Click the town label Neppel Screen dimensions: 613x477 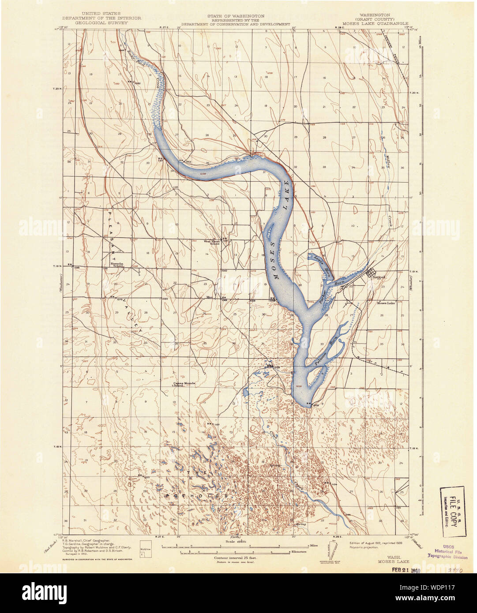coord(379,277)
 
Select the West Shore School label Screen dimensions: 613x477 coord(211,242)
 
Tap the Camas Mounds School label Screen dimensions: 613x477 coord(184,385)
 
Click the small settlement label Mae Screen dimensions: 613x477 coord(210,297)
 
